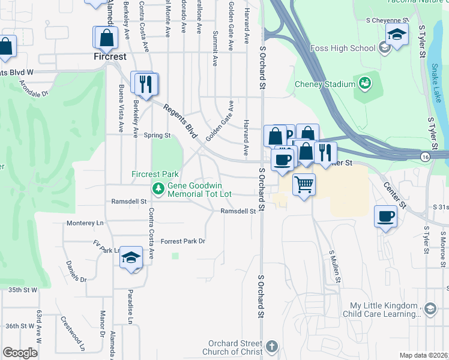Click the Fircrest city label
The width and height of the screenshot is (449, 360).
point(110,57)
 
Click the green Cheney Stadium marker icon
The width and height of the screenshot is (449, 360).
point(364,82)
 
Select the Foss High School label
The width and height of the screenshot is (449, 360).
point(343,48)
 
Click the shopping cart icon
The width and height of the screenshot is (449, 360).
point(304,184)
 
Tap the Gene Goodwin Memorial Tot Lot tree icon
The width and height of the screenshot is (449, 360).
point(158,190)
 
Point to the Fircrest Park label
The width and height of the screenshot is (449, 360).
point(155,174)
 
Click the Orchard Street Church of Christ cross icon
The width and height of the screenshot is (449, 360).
point(272,346)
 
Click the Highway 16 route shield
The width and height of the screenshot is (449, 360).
point(424,156)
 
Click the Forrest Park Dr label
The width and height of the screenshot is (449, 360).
point(183,241)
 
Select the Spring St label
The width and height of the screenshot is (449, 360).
point(157,136)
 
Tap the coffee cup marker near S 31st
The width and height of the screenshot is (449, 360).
point(385,216)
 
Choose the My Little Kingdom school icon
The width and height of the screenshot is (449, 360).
point(429,309)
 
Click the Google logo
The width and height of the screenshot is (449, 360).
point(20,353)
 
